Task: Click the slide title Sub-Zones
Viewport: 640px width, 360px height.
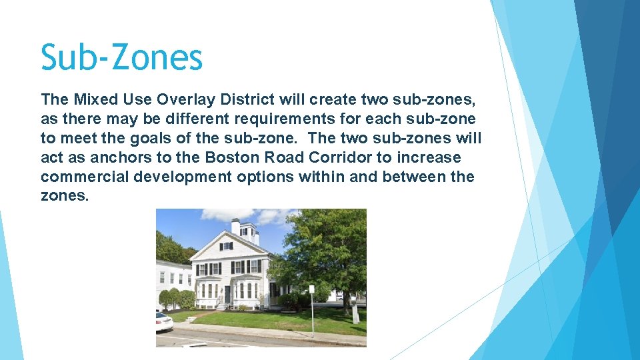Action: point(121,57)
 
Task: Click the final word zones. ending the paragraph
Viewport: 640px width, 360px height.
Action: point(64,197)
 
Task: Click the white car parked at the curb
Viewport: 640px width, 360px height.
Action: point(163,323)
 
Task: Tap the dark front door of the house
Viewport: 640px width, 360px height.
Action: point(228,293)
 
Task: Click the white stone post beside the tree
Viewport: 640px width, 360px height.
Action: point(356,313)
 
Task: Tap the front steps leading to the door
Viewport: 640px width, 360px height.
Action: point(222,305)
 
